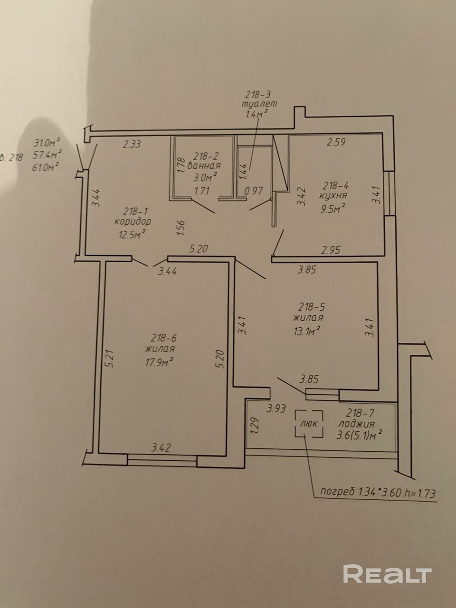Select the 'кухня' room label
pyautogui.click(x=333, y=195)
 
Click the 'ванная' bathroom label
pyautogui.click(x=204, y=166)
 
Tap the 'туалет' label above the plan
pyautogui.click(x=259, y=104)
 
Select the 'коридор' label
pyautogui.click(x=133, y=222)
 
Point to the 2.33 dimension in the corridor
pyautogui.click(x=132, y=144)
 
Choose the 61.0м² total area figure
pyautogui.click(x=46, y=165)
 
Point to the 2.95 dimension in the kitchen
pyautogui.click(x=331, y=249)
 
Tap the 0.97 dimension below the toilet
pyautogui.click(x=253, y=192)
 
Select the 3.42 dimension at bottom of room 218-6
pyautogui.click(x=161, y=447)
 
